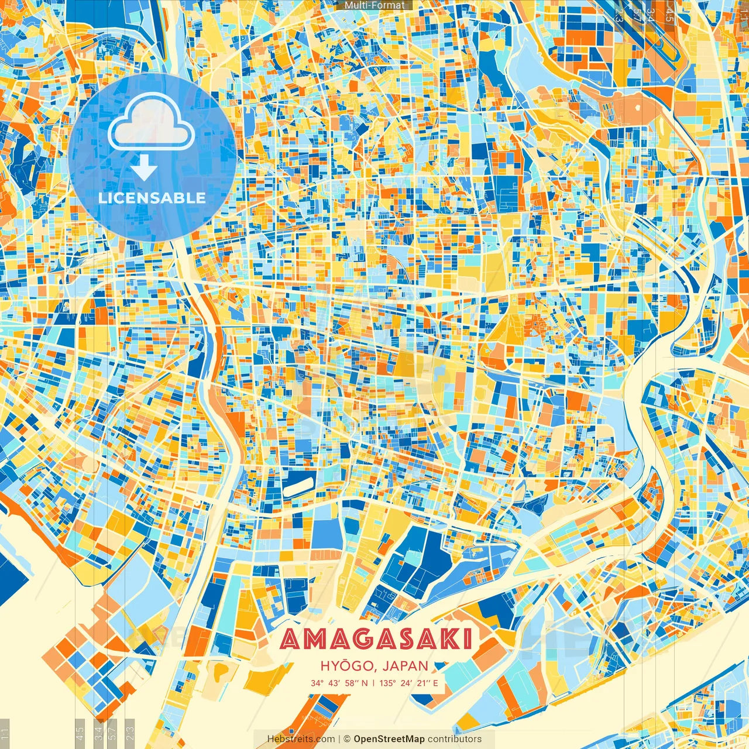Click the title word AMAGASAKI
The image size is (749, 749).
(x=376, y=640)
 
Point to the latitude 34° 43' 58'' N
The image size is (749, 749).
(x=339, y=683)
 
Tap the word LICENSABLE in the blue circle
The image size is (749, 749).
(x=152, y=198)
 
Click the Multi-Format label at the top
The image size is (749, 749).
(x=374, y=5)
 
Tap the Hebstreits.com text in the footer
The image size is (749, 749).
(x=301, y=739)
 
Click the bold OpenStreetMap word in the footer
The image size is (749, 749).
(x=389, y=739)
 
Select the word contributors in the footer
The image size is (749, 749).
(x=455, y=739)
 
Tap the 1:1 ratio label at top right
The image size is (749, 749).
(x=743, y=13)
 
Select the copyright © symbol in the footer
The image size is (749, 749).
(x=347, y=739)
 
